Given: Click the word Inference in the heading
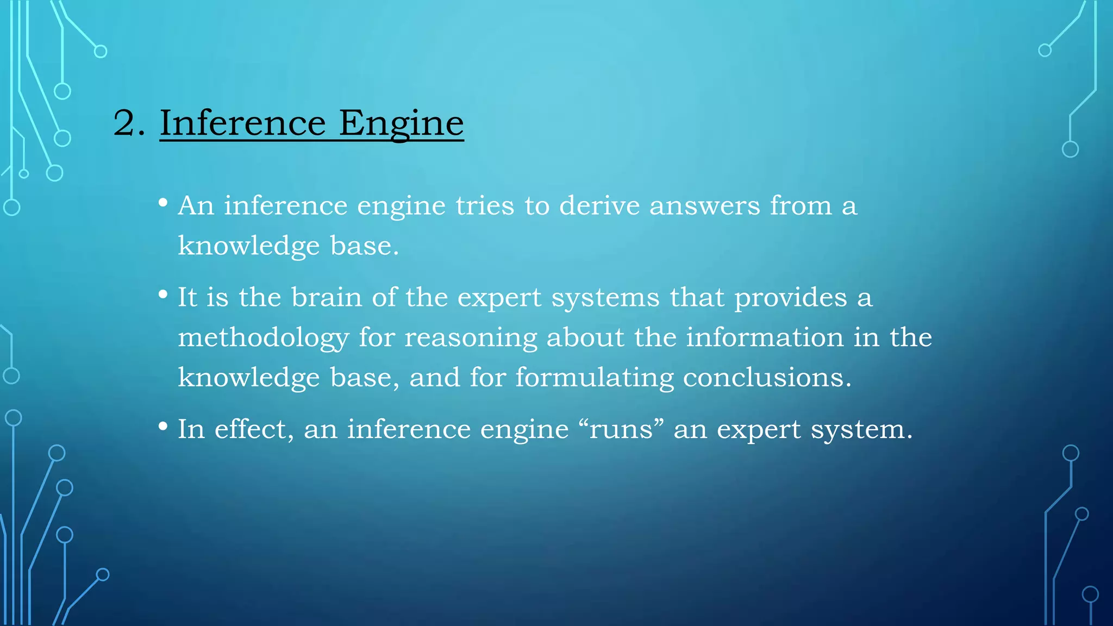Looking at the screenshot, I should tap(242, 123).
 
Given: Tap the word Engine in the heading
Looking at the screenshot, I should tap(401, 124).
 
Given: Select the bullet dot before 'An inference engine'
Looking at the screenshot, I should tap(163, 203).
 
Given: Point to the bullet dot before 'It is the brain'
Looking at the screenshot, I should tap(163, 295).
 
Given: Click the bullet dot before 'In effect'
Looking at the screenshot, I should tap(163, 427).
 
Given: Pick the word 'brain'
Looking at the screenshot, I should tap(326, 297).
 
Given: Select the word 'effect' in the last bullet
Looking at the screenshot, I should tap(250, 429).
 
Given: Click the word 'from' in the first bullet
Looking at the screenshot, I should tap(801, 206).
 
